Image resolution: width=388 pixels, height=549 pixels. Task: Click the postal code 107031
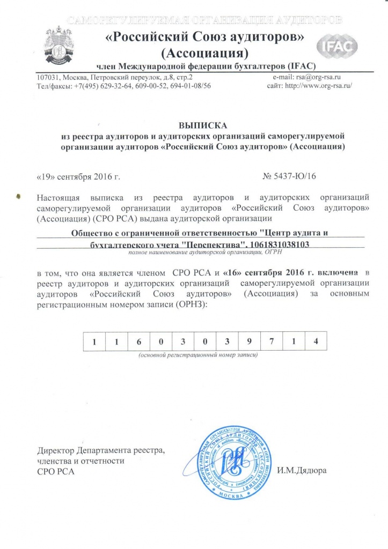coord(49,77)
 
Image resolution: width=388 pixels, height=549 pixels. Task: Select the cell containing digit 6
coord(139,341)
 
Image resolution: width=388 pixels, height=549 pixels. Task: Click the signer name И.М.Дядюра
coord(302,471)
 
